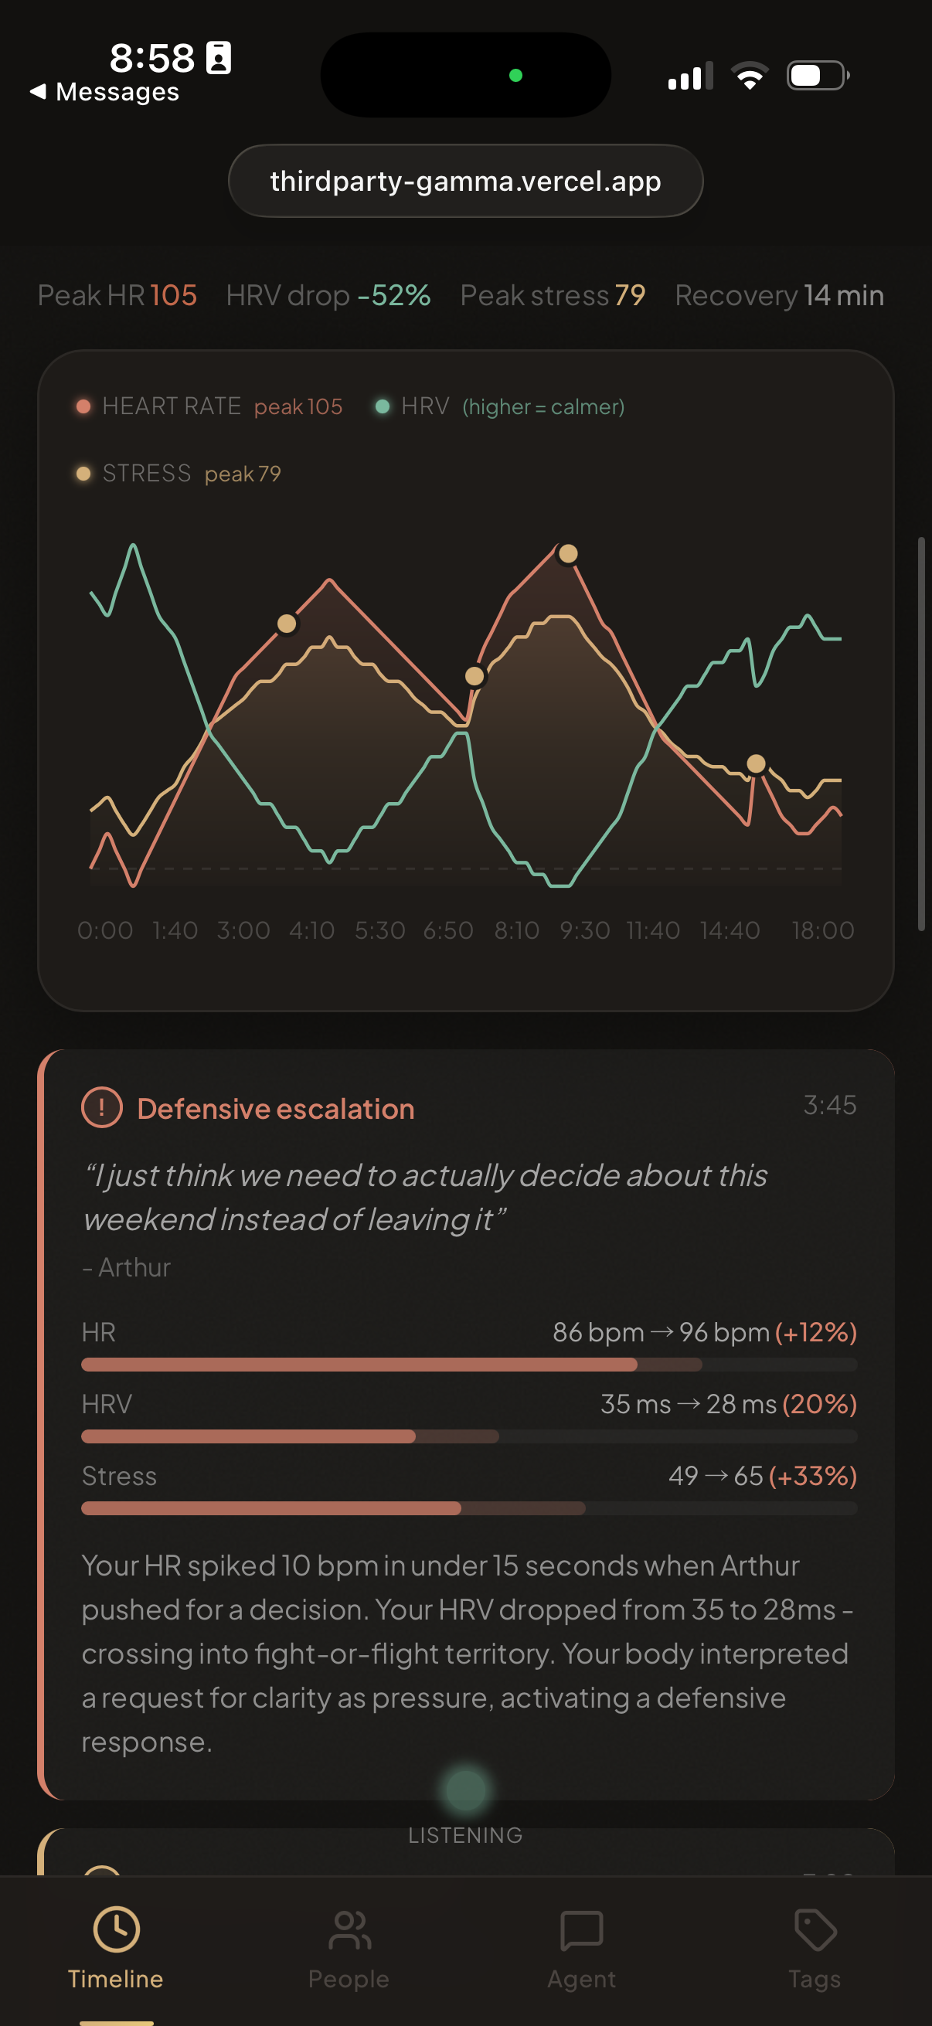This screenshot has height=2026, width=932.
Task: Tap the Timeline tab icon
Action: click(x=117, y=1929)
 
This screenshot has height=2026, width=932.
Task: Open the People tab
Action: click(x=349, y=1931)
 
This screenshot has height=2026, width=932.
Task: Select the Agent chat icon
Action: click(x=581, y=1931)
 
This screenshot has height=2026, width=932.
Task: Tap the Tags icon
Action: click(x=815, y=1929)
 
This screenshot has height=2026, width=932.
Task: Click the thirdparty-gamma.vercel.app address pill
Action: click(x=465, y=181)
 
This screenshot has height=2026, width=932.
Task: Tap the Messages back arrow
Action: click(x=37, y=92)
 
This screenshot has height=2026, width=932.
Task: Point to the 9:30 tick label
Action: click(x=584, y=930)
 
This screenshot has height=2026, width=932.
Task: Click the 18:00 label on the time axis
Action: click(x=822, y=930)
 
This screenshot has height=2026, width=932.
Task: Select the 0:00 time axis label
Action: click(x=104, y=930)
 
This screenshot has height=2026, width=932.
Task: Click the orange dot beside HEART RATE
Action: click(x=83, y=406)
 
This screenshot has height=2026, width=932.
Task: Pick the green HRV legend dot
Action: click(x=383, y=406)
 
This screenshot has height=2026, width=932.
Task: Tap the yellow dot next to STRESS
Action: click(x=83, y=474)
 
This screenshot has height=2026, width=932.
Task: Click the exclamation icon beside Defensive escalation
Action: click(x=102, y=1107)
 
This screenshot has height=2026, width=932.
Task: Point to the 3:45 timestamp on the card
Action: click(x=829, y=1105)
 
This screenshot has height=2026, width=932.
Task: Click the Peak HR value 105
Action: click(x=173, y=296)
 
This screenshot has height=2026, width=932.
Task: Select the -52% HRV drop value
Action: click(x=394, y=296)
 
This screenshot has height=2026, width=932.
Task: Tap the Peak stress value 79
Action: click(x=630, y=296)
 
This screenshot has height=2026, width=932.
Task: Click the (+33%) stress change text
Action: click(x=812, y=1477)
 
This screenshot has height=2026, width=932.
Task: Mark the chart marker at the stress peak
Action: click(x=568, y=555)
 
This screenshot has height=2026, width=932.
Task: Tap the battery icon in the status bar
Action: click(x=817, y=76)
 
